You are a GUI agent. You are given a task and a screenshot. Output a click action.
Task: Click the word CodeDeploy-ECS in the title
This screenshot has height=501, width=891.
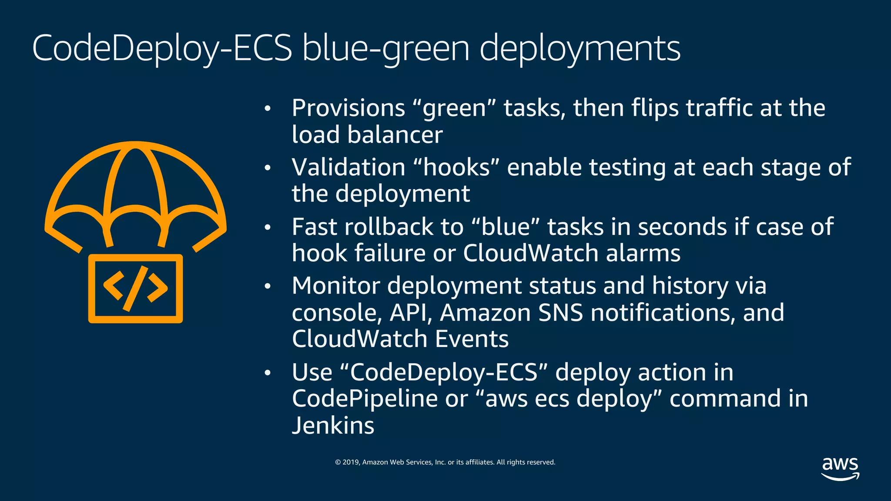click(x=162, y=48)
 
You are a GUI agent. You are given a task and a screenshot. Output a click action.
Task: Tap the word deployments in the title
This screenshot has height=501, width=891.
click(x=580, y=48)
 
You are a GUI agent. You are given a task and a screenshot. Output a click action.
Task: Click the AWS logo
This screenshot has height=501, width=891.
click(x=840, y=468)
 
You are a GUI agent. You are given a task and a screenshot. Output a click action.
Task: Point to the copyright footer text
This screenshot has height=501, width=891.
click(x=445, y=462)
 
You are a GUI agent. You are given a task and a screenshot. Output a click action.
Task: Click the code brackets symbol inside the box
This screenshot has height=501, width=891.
click(x=135, y=288)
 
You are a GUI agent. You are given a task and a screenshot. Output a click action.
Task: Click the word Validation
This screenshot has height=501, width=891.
click(x=348, y=167)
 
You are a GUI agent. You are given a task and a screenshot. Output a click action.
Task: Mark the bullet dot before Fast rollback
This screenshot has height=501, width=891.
click(x=268, y=227)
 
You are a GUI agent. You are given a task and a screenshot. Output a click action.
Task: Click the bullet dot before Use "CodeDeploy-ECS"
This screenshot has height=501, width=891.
click(x=268, y=373)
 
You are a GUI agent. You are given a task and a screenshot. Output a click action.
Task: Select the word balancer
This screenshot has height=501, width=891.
click(x=395, y=135)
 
